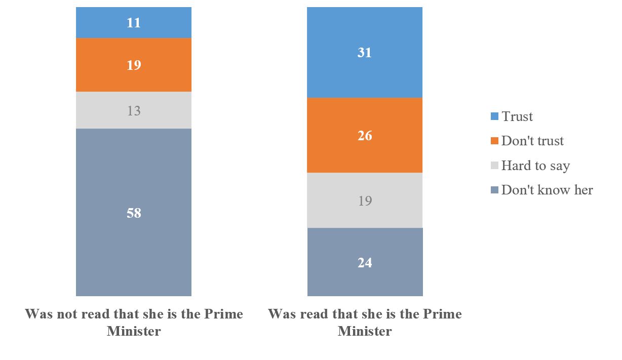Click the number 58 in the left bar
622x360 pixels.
(134, 213)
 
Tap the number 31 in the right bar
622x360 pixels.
(365, 53)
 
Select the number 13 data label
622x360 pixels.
(134, 110)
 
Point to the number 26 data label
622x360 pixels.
(365, 136)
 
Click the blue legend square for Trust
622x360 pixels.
(495, 117)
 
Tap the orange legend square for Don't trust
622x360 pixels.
(495, 141)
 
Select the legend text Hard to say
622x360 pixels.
(535, 166)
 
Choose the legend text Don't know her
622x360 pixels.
(547, 190)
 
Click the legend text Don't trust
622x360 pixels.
(532, 141)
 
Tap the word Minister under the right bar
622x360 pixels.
(365, 332)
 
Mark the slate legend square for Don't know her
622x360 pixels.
(495, 190)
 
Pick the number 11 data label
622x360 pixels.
(134, 23)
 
